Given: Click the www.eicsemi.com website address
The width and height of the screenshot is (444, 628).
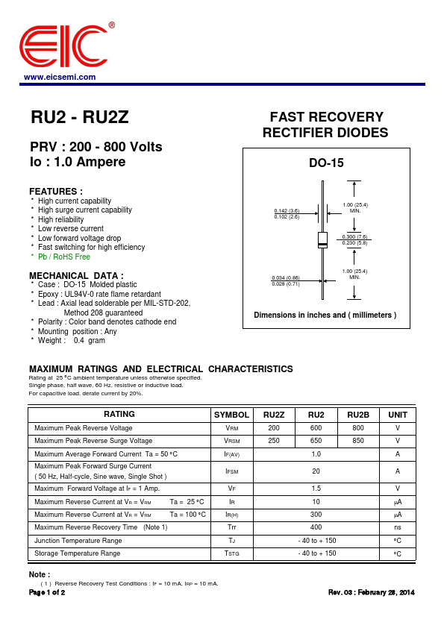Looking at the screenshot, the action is tap(60, 77).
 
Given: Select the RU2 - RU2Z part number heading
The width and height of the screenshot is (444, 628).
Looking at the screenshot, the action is tap(80, 117).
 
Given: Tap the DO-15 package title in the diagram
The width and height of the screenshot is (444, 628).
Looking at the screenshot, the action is tap(326, 163).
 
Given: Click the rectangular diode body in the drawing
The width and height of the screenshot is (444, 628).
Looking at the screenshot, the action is tap(322, 240).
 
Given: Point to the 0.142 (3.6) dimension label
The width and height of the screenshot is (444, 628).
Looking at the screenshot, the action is tap(287, 210).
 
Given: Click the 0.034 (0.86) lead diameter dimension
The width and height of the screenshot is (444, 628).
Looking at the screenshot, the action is tap(285, 277).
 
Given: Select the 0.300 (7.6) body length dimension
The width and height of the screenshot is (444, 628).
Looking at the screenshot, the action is tap(355, 236).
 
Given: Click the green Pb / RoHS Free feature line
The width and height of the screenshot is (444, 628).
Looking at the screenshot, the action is tap(64, 257).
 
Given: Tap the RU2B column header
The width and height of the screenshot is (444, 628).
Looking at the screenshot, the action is tap(358, 415).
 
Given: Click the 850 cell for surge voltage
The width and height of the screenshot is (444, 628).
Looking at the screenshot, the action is tap(358, 441).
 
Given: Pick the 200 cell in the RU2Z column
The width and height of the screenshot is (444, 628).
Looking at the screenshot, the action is tap(274, 428).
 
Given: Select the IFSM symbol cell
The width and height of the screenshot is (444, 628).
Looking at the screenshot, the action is tap(231, 471).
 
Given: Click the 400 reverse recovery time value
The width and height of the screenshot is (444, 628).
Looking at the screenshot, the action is tap(316, 527).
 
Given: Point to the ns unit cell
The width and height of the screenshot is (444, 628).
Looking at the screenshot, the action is tap(398, 527).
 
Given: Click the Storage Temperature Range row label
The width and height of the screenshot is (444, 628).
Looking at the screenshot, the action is tap(78, 553).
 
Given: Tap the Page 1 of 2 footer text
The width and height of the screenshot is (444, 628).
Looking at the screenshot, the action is tap(47, 592).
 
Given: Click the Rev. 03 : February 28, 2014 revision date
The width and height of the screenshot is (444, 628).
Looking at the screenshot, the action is tap(372, 592).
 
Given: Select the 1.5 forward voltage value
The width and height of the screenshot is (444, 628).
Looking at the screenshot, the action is tap(316, 489).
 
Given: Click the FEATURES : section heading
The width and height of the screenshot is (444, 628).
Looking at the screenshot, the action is tap(56, 192).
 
